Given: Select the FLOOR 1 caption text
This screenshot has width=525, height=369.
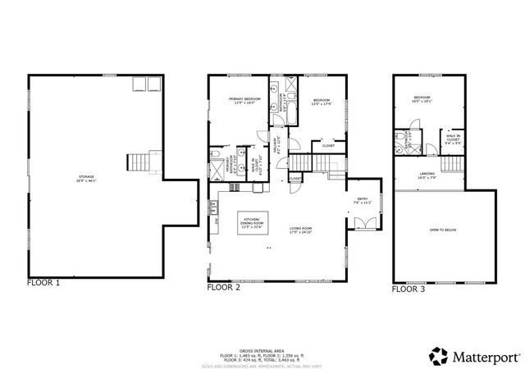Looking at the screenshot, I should tap(43, 283).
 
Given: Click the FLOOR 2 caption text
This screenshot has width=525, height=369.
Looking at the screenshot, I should tap(223, 288).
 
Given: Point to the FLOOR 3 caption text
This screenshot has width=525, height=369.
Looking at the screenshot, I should tap(409, 289).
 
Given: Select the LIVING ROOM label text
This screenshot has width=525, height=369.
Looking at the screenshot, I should tap(302, 230).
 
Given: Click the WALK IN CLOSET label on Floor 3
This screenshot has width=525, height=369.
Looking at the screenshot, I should tap(453, 139).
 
